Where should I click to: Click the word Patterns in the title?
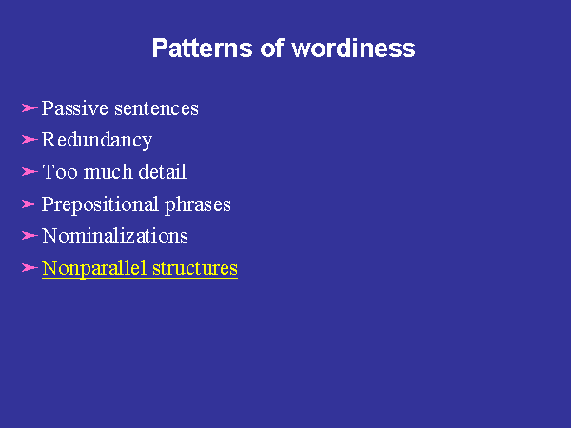point(202,49)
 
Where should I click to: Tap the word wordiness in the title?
point(353,49)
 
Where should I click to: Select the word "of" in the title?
point(272,48)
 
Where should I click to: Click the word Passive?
point(75,108)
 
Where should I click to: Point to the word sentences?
point(157,108)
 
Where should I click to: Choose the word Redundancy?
point(97,141)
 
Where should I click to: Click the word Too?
point(60,172)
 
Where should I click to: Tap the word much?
point(108,172)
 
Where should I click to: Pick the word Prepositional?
point(100,204)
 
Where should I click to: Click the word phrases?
point(198,204)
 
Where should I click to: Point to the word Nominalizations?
point(115,236)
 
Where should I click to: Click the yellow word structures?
point(195,268)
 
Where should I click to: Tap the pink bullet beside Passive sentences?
point(30,108)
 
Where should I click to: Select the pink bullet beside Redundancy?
point(30,140)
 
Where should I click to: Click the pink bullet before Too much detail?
point(30,171)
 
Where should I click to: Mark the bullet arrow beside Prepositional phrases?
point(30,204)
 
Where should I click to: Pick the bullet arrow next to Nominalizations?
point(30,236)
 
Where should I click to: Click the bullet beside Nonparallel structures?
point(30,268)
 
